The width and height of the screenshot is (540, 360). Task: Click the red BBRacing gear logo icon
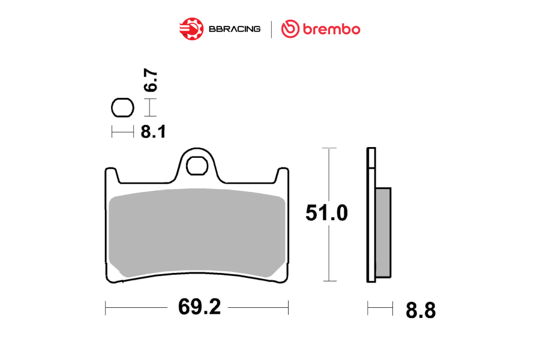(x=191, y=29)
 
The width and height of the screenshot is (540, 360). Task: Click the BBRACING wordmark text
(x=235, y=29)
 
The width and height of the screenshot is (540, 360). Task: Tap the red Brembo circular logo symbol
(x=290, y=29)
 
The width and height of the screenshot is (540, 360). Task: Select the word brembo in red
(x=331, y=29)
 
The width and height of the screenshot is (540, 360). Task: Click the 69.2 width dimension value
(x=199, y=307)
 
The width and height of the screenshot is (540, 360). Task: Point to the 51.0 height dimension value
(x=326, y=212)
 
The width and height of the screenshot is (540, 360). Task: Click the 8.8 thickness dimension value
(x=421, y=310)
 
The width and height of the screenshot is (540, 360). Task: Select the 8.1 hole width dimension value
(x=153, y=131)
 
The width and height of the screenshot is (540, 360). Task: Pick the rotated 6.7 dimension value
(x=151, y=80)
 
